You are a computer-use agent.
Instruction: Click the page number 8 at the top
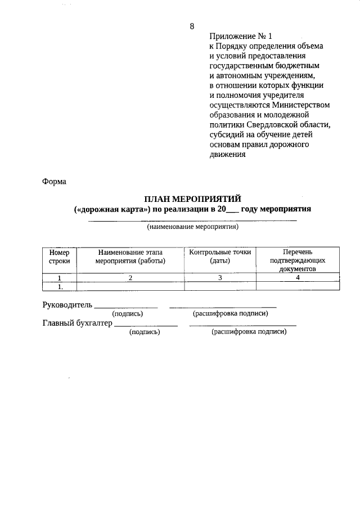[192, 26]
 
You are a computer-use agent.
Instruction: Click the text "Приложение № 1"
[233, 36]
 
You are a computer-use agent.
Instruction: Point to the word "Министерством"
[300, 105]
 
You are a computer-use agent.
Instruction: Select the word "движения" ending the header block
[227, 155]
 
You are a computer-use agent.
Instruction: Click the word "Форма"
[54, 182]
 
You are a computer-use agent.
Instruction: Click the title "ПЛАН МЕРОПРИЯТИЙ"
[193, 199]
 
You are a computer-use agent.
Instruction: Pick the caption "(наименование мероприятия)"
[193, 227]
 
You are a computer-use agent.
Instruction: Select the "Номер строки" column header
[59, 257]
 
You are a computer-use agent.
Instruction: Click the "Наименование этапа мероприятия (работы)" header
[130, 257]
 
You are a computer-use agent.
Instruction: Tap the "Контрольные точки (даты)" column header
[220, 257]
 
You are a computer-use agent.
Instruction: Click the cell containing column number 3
[220, 277]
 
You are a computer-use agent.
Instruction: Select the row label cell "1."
[59, 286]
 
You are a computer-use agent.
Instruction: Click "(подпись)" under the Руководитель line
[128, 314]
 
